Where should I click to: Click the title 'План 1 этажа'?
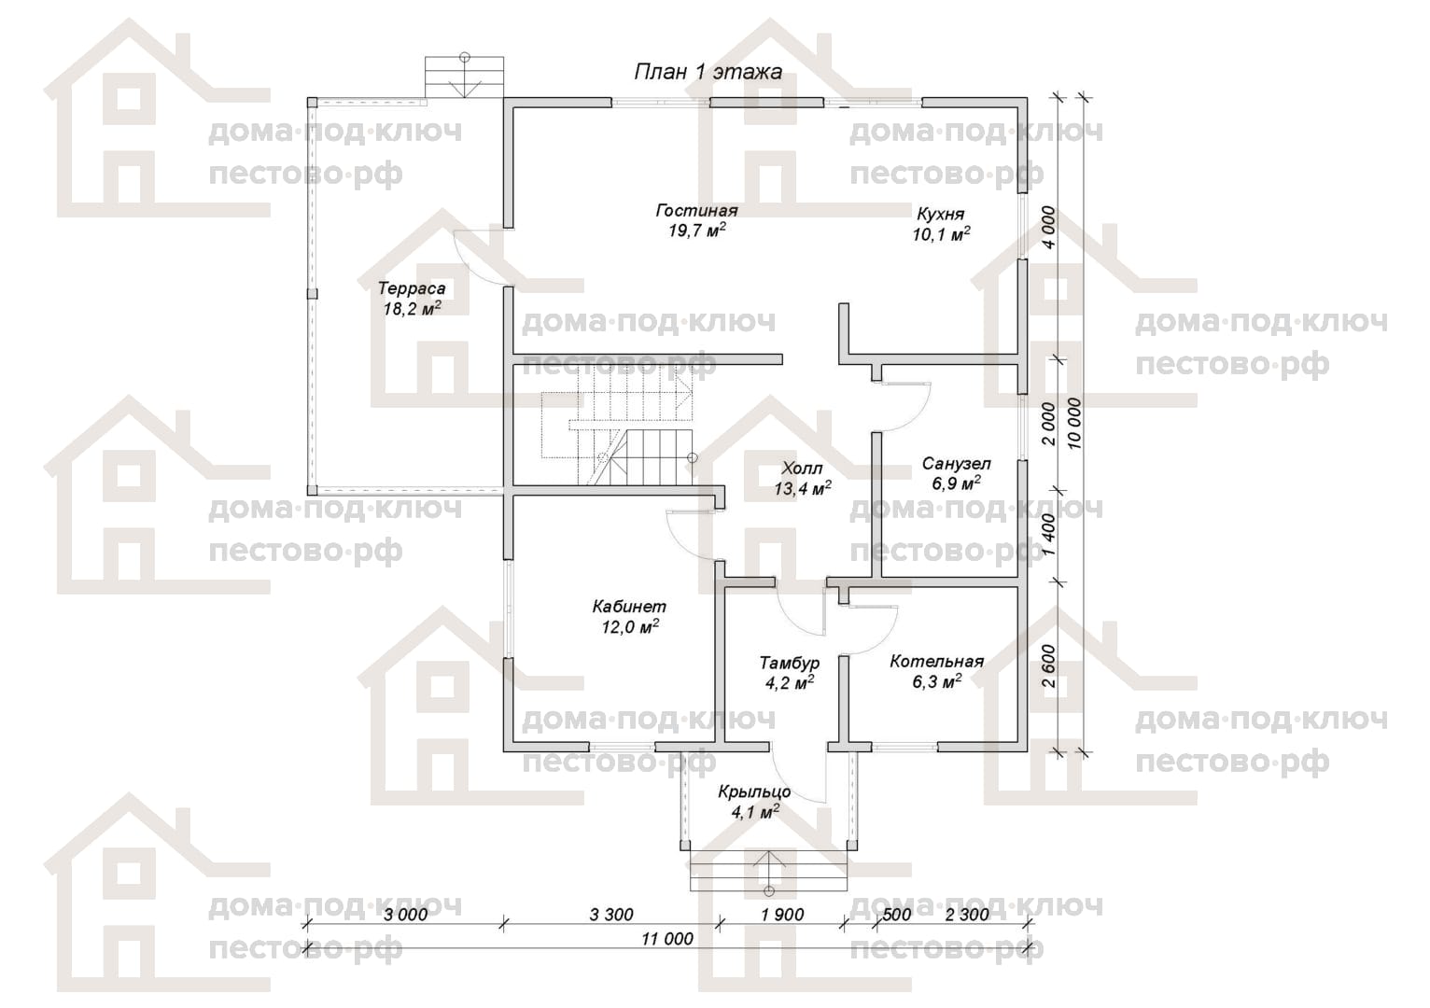point(708,72)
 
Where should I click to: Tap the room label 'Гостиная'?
point(697,210)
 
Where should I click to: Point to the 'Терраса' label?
point(412,288)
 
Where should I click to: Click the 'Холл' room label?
point(803,469)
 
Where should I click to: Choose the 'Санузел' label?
point(957,464)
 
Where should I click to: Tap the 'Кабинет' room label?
point(629,606)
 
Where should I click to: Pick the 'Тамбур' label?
point(790,663)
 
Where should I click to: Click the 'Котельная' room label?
point(937,662)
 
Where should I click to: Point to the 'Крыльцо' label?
point(754,792)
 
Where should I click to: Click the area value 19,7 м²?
point(697,231)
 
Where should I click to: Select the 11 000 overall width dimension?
point(667,939)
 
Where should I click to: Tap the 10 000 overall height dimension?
point(1075,423)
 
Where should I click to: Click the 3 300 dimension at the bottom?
point(611,915)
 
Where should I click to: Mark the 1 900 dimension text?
point(782,915)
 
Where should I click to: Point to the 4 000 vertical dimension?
point(1049,228)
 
